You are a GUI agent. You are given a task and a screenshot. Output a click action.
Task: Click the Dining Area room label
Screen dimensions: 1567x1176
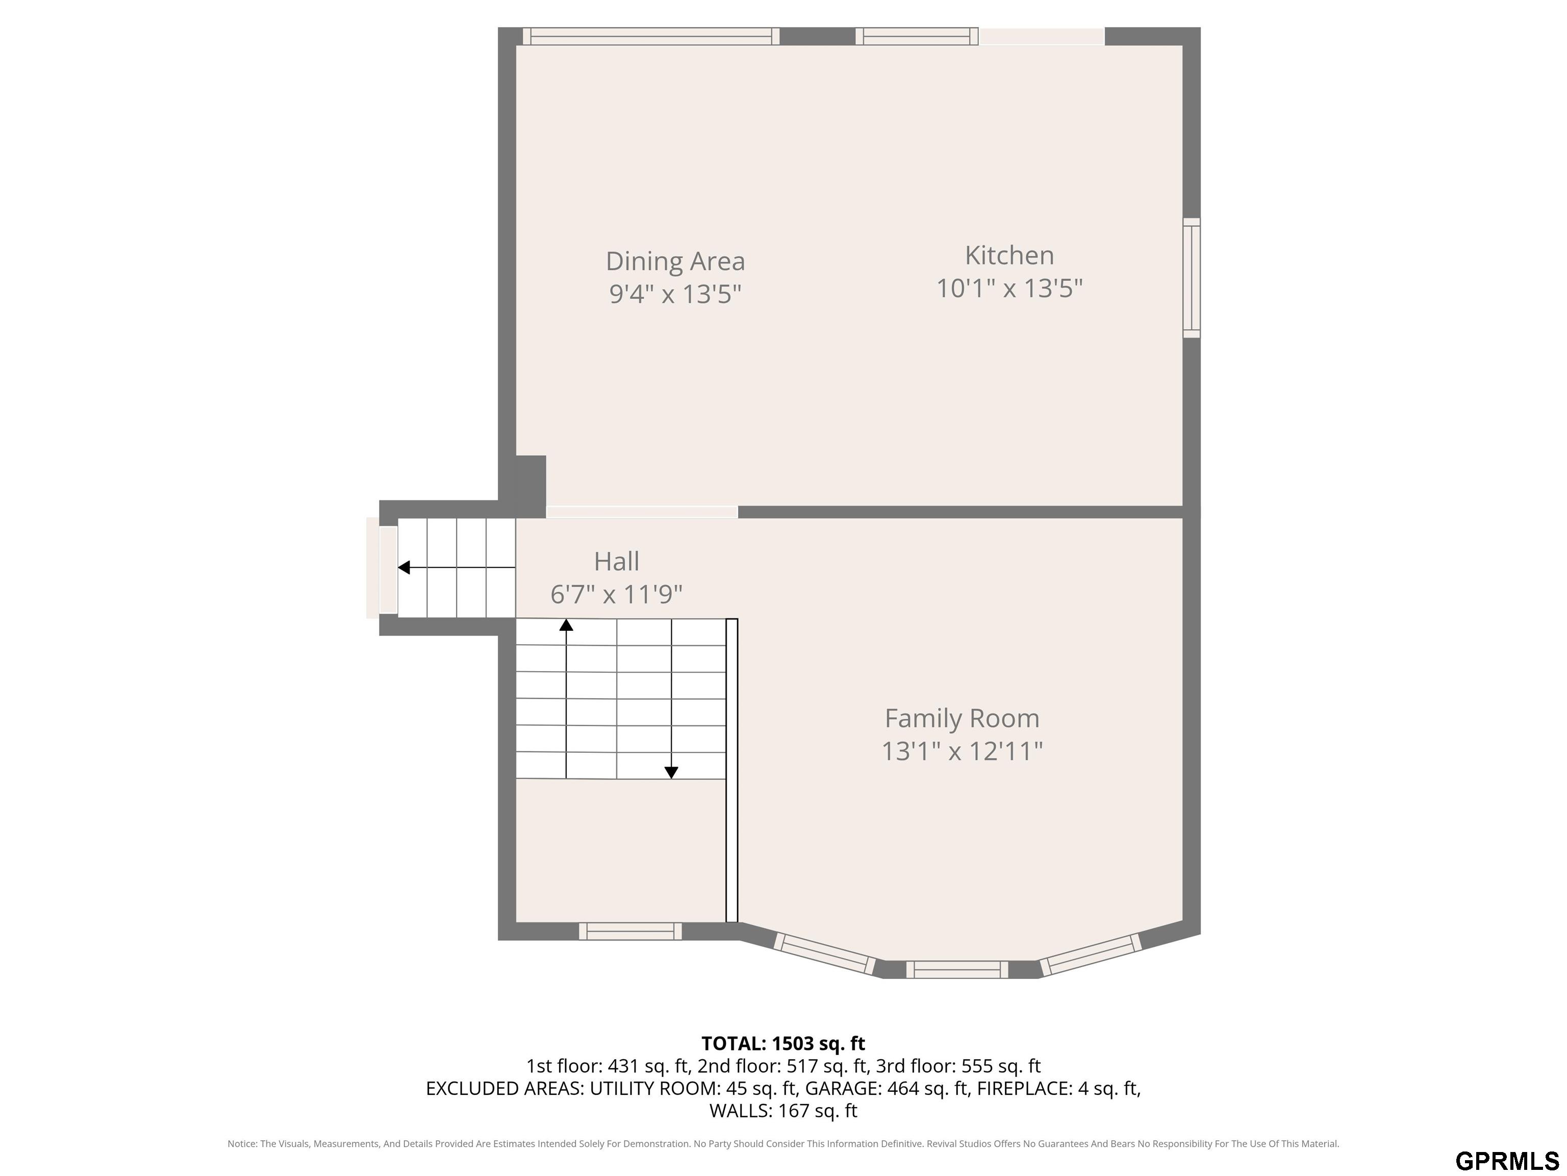click(675, 261)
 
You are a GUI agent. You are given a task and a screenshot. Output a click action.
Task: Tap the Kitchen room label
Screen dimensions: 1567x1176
click(1009, 255)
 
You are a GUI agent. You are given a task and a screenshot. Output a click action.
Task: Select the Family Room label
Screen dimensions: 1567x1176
click(962, 718)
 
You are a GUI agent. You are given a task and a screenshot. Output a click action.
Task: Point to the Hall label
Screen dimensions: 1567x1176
click(616, 561)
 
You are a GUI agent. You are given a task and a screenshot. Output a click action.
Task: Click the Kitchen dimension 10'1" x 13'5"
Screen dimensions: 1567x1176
click(1009, 288)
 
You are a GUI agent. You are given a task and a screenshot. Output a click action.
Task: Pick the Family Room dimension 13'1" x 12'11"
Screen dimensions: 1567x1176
click(962, 751)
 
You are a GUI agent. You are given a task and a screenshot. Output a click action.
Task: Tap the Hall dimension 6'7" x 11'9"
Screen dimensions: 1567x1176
click(616, 594)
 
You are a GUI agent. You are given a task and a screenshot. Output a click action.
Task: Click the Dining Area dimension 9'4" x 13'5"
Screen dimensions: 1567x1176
click(675, 293)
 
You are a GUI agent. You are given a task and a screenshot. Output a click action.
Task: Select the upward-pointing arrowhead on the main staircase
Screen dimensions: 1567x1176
click(566, 625)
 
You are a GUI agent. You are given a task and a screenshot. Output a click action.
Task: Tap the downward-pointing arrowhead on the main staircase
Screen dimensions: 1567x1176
click(671, 773)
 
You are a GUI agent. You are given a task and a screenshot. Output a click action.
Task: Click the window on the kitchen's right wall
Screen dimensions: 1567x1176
click(1192, 278)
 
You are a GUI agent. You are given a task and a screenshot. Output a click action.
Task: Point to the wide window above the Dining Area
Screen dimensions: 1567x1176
click(651, 36)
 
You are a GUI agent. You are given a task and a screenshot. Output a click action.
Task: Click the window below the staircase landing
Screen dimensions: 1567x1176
click(630, 932)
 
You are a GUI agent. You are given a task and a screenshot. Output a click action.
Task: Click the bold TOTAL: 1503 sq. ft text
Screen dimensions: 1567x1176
click(783, 1043)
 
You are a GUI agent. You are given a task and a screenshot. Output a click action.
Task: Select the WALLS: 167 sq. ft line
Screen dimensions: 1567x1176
click(783, 1111)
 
